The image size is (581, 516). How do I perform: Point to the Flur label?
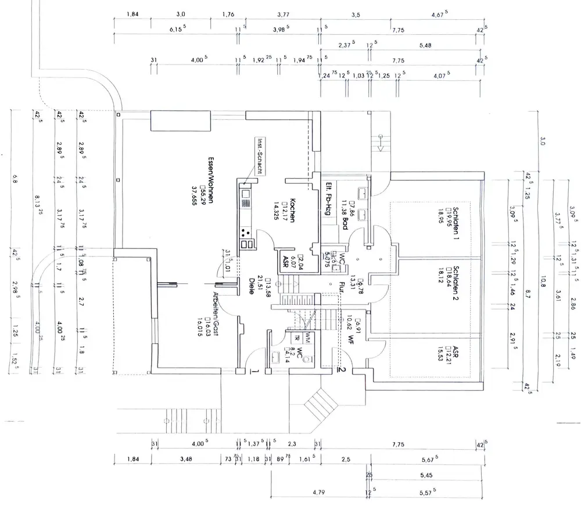[x=342, y=284]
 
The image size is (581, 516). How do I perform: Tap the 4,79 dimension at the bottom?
[x=318, y=493]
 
